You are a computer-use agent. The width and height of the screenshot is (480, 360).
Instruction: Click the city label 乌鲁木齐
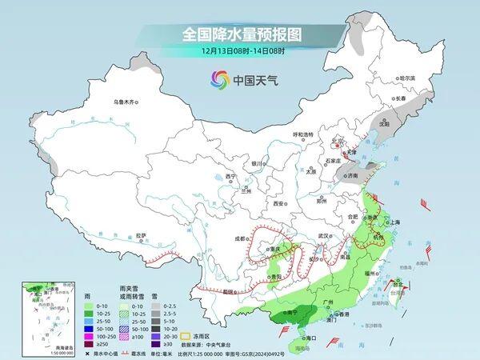(x=126, y=101)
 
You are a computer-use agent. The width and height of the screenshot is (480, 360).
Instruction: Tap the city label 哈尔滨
(x=407, y=78)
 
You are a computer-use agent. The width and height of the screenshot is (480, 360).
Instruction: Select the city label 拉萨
(x=142, y=234)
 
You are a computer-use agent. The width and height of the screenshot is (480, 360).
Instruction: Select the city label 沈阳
(x=384, y=124)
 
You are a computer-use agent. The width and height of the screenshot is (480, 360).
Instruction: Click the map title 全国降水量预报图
(x=240, y=34)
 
